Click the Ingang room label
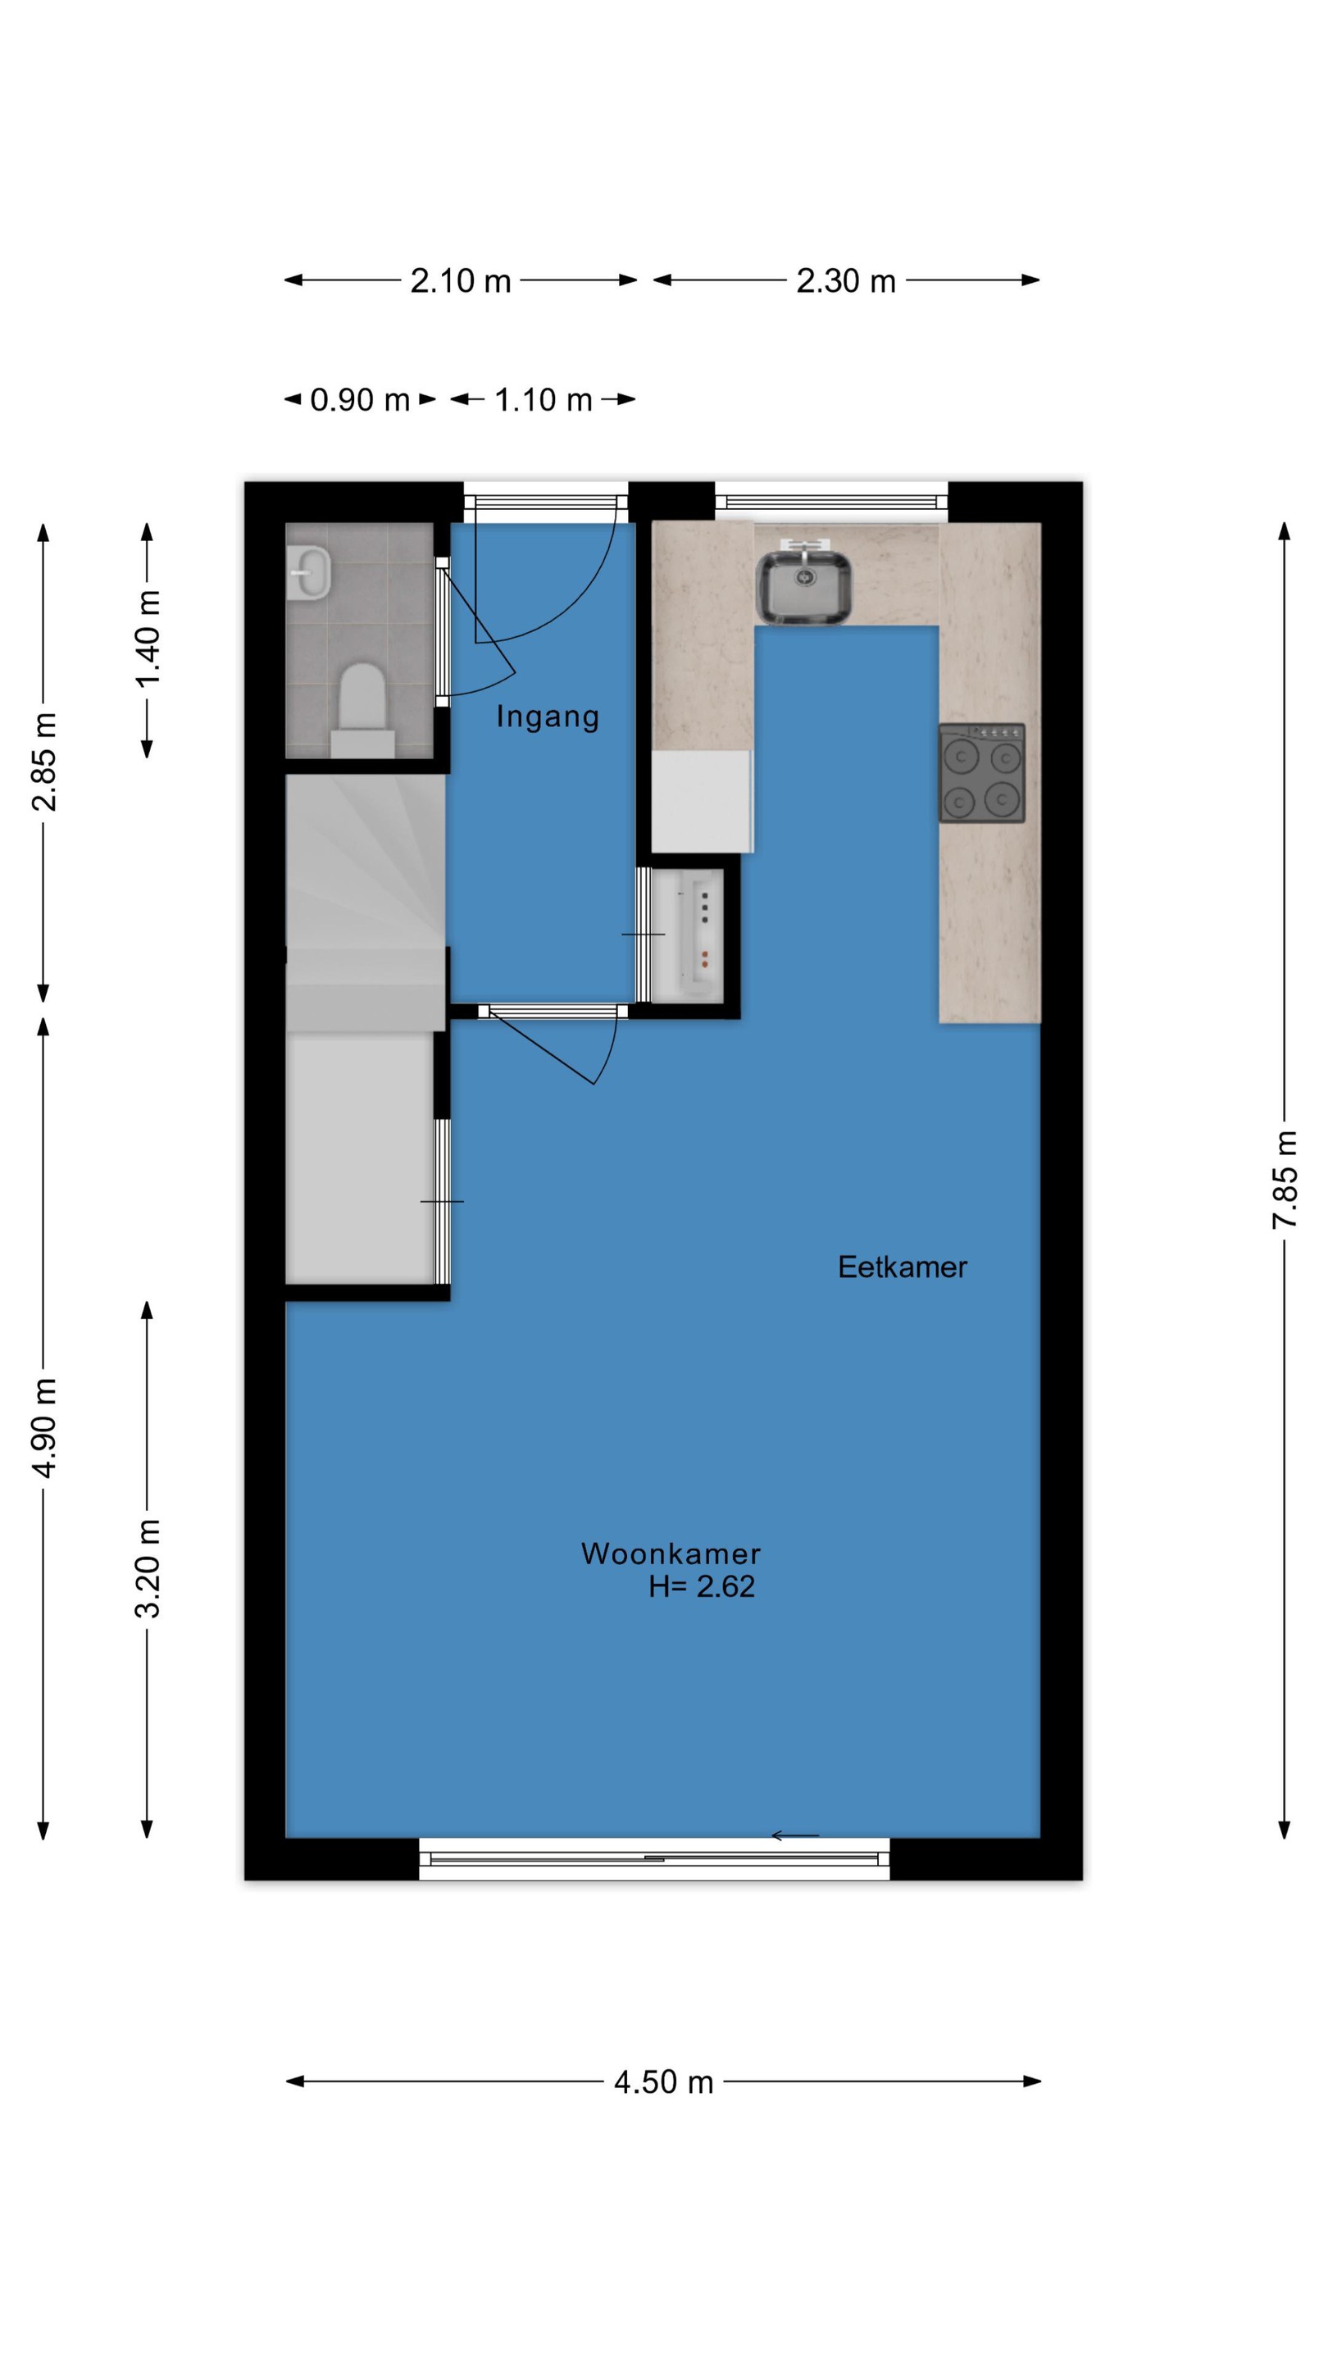(x=547, y=716)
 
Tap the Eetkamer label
(x=902, y=1267)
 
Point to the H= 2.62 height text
(x=702, y=1586)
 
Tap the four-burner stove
(x=981, y=772)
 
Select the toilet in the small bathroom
(x=362, y=710)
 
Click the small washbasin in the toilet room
(x=309, y=573)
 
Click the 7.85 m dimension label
(x=1284, y=1180)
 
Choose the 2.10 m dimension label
(x=460, y=280)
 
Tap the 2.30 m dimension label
(x=846, y=280)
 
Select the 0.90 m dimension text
(x=359, y=399)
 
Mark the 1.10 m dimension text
(x=543, y=399)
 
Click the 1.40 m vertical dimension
(x=147, y=639)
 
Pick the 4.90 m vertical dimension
(x=43, y=1427)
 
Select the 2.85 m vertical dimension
(x=43, y=762)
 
